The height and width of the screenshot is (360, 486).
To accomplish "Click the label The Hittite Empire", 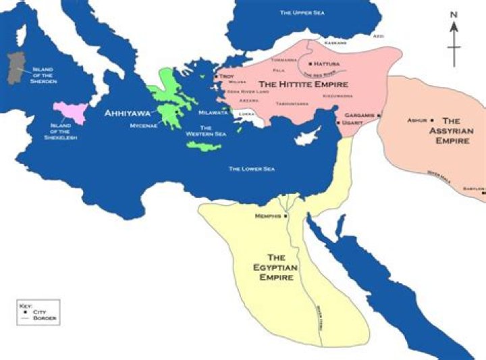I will click(304, 85).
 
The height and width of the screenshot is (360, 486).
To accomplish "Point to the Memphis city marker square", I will click(286, 215).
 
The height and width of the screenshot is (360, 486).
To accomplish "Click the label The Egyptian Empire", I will click(280, 267).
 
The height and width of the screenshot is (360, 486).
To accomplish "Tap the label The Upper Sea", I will click(302, 13).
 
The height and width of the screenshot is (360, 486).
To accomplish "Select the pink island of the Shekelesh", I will click(71, 111).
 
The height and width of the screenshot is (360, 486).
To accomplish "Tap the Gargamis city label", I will click(360, 115).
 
